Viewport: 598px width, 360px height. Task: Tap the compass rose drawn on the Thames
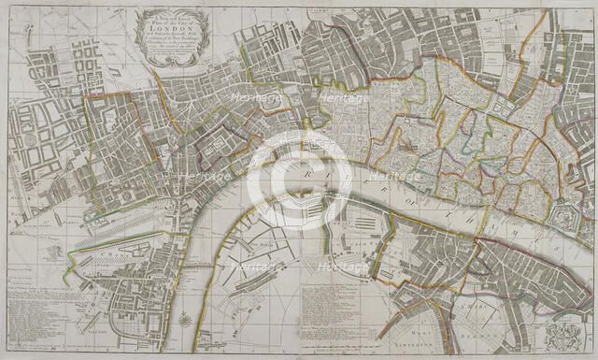(x=192, y=321)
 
